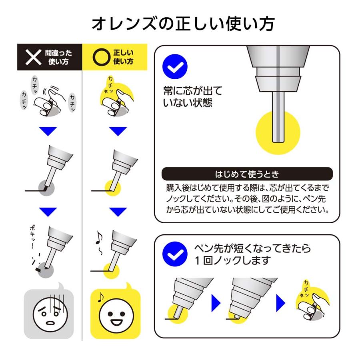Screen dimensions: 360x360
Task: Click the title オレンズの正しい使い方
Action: tap(183, 24)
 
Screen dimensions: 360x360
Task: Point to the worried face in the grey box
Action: tap(49, 312)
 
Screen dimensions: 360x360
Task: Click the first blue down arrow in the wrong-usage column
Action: tap(49, 131)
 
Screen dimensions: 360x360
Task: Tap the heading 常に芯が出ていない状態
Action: tap(192, 96)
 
